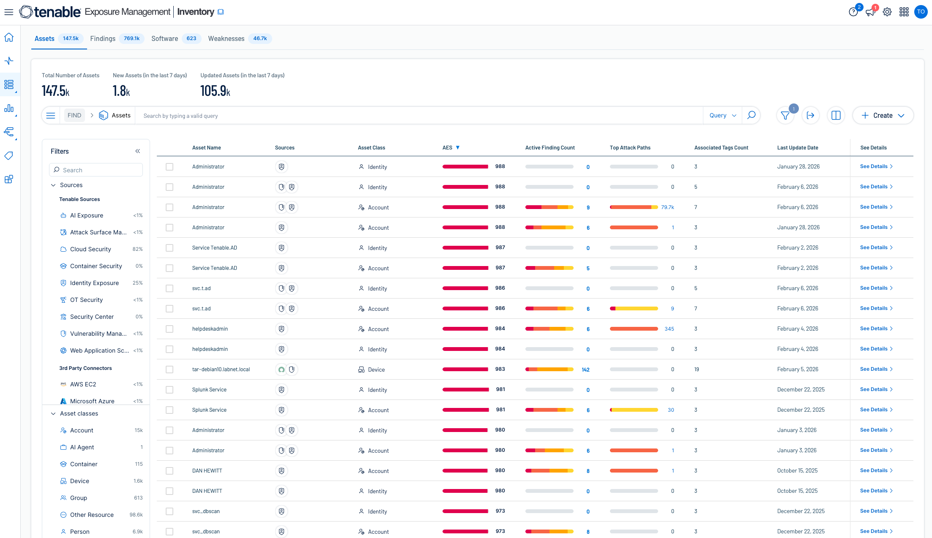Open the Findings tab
(x=103, y=38)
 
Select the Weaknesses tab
(x=226, y=38)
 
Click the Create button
(x=883, y=115)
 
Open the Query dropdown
(x=722, y=115)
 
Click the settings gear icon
(x=887, y=12)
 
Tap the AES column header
(x=447, y=147)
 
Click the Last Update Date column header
(x=797, y=147)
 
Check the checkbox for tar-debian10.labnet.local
(x=169, y=370)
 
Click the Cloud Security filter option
(x=90, y=249)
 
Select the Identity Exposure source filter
(x=94, y=283)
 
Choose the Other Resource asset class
(x=92, y=515)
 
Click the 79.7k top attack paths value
(x=667, y=207)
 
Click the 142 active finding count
(x=585, y=370)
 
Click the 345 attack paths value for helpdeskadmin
(x=669, y=329)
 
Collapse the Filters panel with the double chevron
(x=137, y=151)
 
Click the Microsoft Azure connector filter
(x=92, y=401)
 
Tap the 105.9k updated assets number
(x=215, y=91)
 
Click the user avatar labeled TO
(x=921, y=12)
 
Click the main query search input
(x=418, y=116)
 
